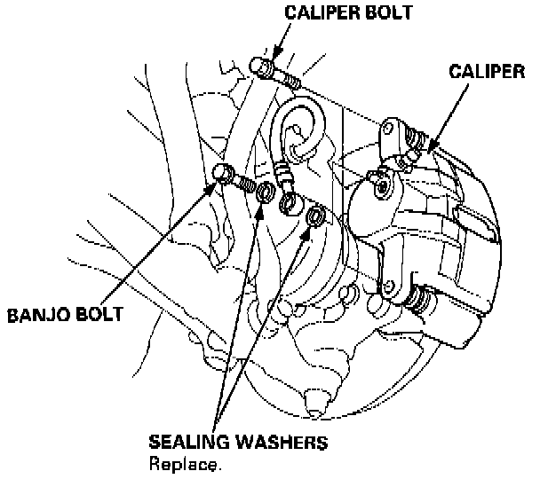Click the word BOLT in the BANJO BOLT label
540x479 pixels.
[99, 314]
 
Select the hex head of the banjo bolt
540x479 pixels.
[225, 174]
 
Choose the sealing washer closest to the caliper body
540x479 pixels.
[314, 217]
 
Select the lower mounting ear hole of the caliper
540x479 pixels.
[389, 287]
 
